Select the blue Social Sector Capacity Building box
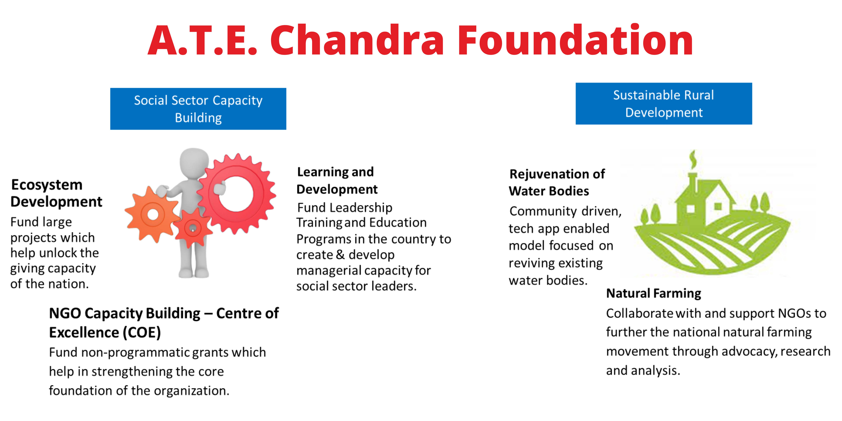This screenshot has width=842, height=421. (198, 109)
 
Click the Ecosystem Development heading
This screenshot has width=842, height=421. (56, 193)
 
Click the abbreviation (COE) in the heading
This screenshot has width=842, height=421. (142, 332)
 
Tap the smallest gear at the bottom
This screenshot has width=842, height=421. (193, 228)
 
